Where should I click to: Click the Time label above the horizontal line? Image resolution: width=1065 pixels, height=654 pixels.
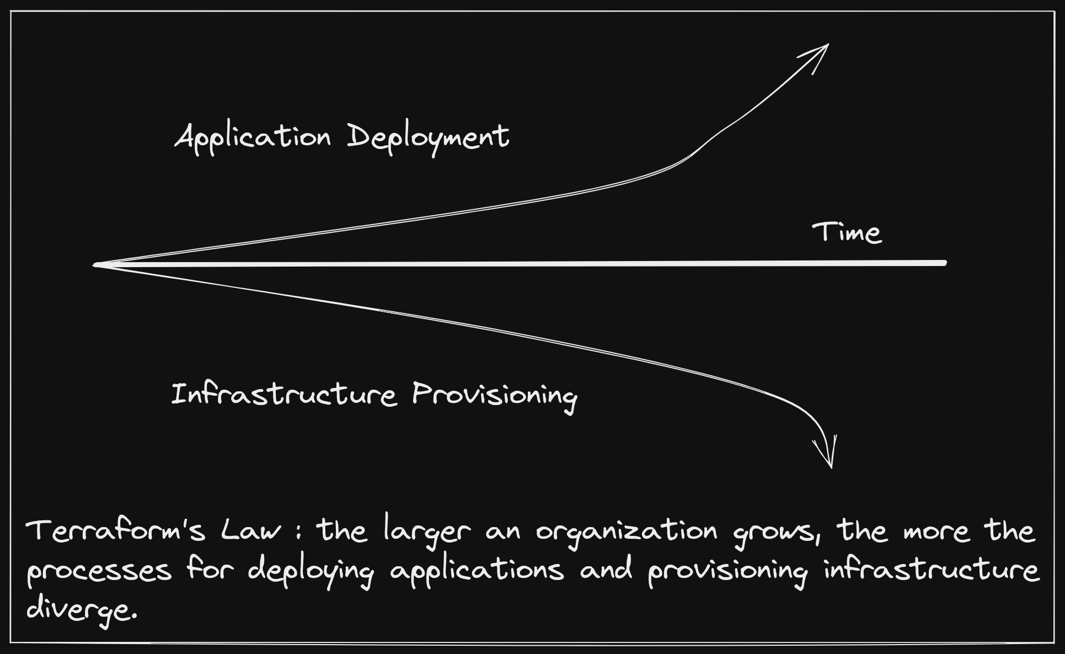(x=847, y=232)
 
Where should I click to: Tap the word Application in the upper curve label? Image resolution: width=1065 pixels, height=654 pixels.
(x=253, y=138)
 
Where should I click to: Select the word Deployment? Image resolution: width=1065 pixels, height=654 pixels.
(x=428, y=138)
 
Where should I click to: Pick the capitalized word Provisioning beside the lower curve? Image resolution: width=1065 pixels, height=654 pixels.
(x=495, y=396)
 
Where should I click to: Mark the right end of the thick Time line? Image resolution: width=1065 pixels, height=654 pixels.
(x=945, y=263)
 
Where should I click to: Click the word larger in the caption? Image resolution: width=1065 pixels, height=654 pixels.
(x=427, y=533)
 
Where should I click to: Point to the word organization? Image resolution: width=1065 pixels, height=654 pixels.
(x=627, y=533)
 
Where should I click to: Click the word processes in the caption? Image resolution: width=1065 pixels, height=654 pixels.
(x=99, y=571)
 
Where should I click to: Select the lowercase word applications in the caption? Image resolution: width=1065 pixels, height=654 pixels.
(x=477, y=571)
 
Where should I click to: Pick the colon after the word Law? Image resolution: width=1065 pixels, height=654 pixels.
(x=298, y=532)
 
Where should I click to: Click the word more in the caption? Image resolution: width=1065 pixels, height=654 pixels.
(x=936, y=533)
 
